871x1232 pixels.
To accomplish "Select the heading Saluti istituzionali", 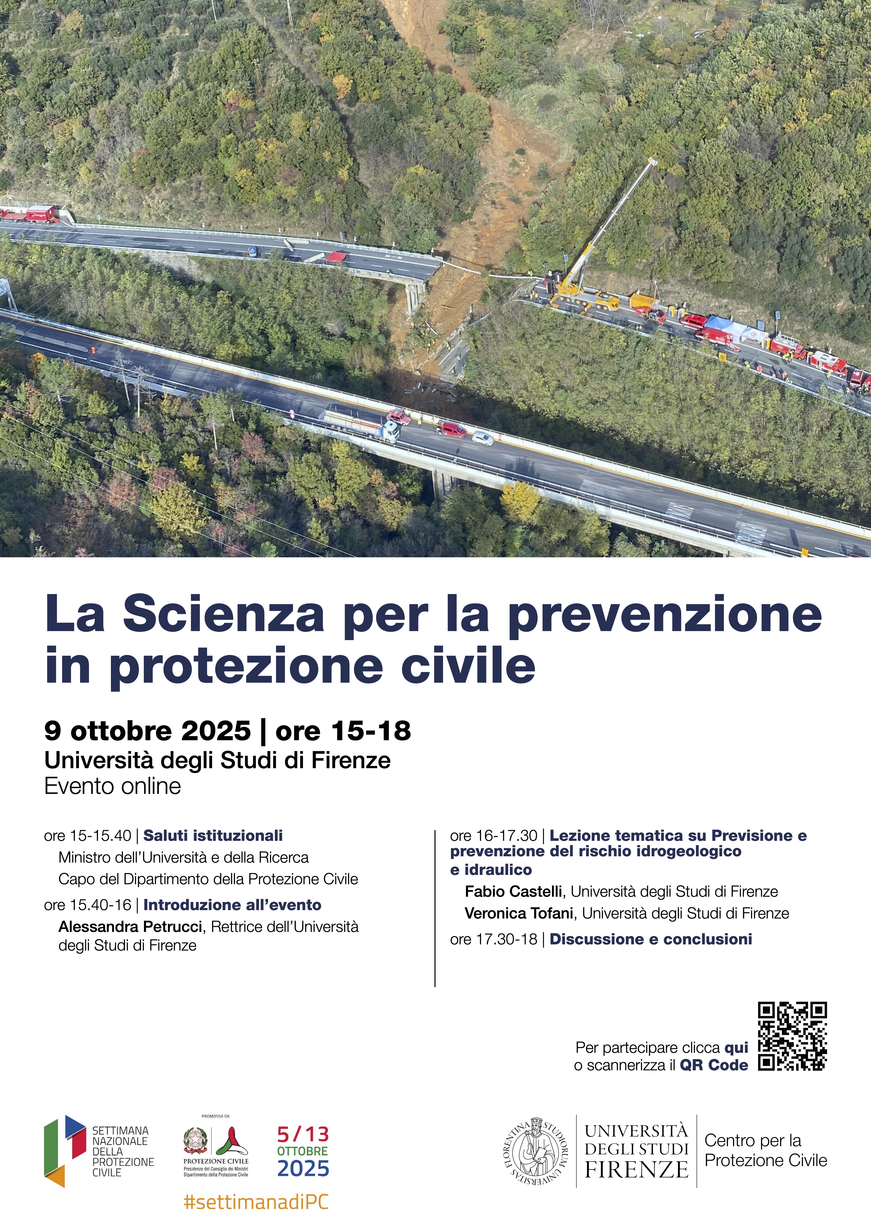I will tap(213, 835).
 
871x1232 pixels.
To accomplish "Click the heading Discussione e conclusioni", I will tap(651, 939).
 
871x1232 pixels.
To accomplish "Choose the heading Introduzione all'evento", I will tap(232, 905).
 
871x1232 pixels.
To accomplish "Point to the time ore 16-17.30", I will tap(494, 835).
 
